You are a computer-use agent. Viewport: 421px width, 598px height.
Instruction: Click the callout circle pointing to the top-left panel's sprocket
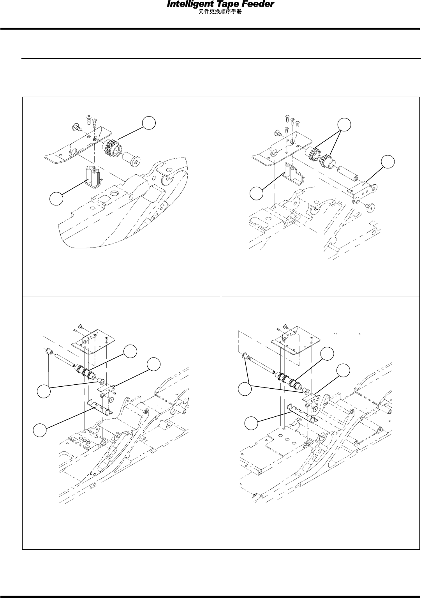pyautogui.click(x=149, y=123)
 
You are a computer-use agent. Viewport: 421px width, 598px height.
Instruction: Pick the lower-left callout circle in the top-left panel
pyautogui.click(x=56, y=199)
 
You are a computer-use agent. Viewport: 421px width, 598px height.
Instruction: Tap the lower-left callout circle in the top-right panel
pyautogui.click(x=256, y=193)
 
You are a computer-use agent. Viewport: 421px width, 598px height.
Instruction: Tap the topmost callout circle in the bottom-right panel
pyautogui.click(x=328, y=354)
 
